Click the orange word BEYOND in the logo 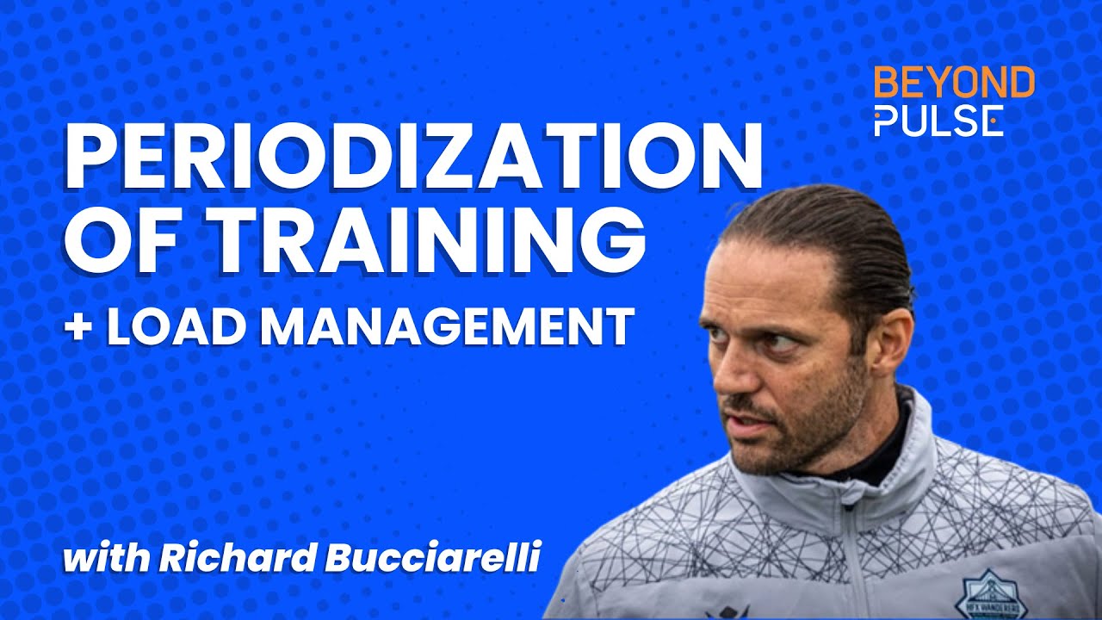954,83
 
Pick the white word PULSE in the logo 938,121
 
